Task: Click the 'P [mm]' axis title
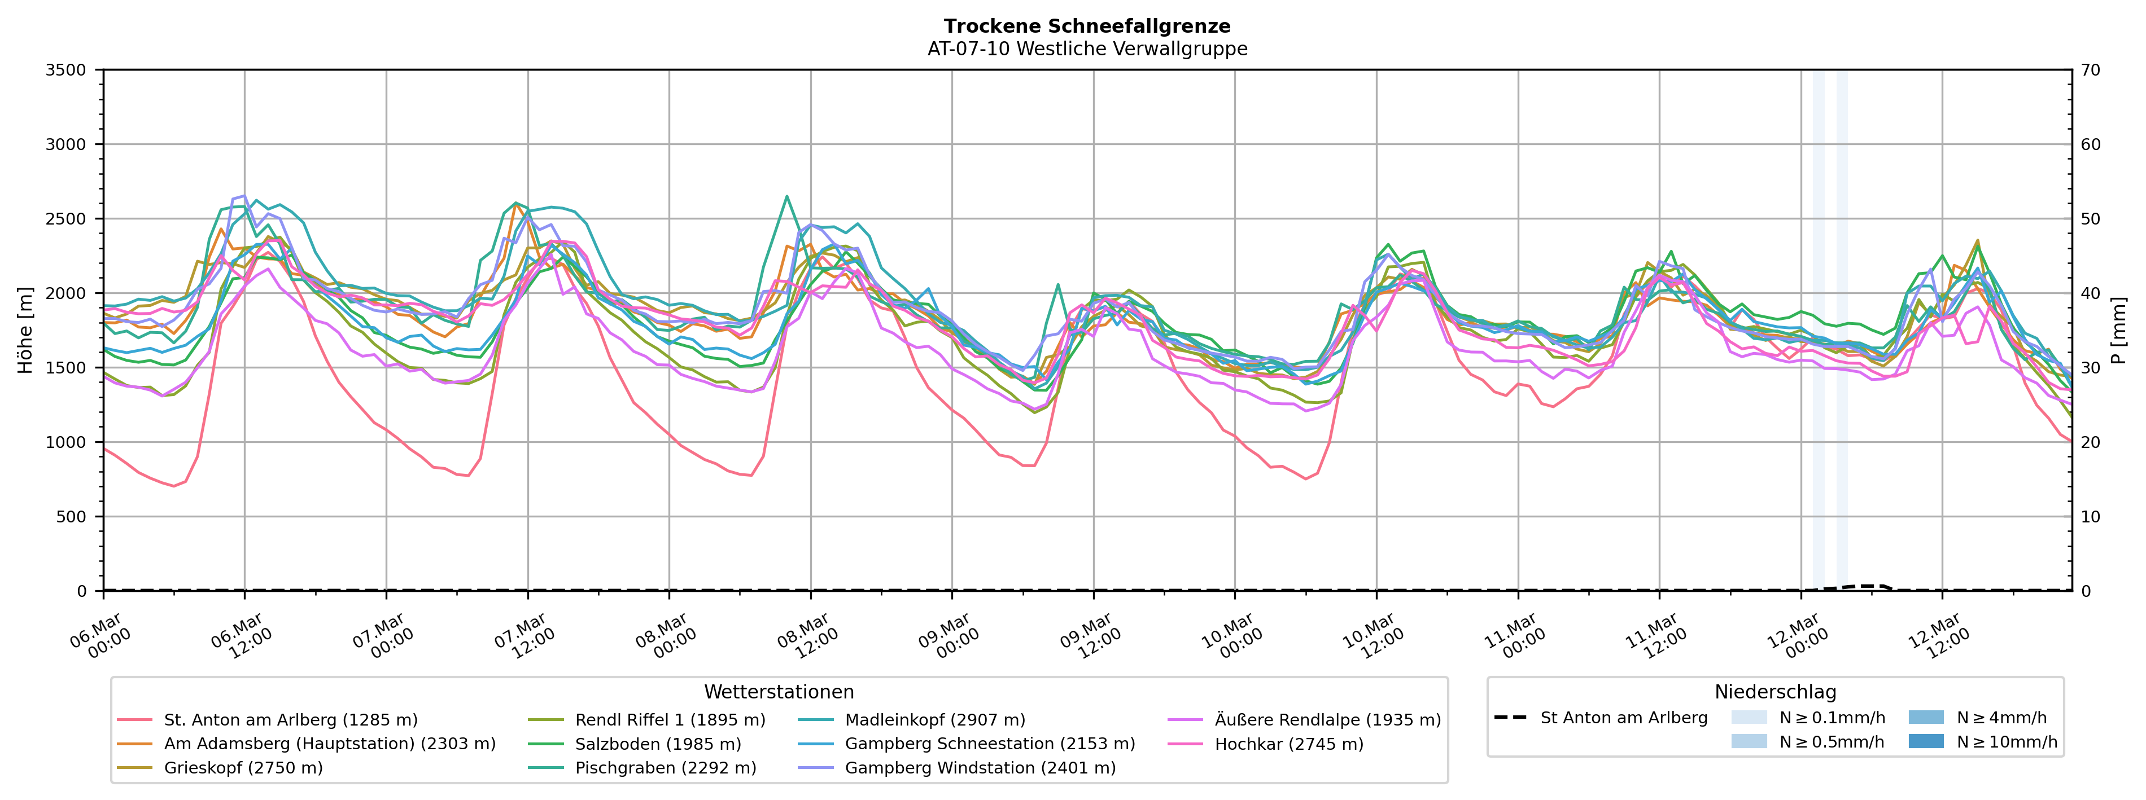tap(2118, 331)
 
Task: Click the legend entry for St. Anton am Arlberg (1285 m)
tap(290, 720)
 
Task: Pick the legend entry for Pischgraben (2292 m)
tap(665, 767)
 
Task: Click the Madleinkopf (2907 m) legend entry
tap(935, 720)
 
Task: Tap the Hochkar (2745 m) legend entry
tap(1289, 744)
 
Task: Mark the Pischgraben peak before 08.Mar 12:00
tap(786, 196)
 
